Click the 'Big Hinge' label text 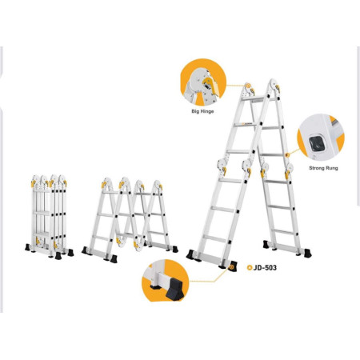[202, 111]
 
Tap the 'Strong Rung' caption [323, 168]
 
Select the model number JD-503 [265, 267]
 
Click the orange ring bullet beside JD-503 [250, 267]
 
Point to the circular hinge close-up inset [203, 82]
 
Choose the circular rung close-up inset [321, 138]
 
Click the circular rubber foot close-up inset [166, 281]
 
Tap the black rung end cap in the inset [317, 143]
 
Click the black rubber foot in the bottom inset [174, 290]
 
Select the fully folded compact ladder [50, 217]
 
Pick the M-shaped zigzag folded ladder [130, 219]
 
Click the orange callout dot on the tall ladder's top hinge [248, 86]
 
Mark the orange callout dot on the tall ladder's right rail [287, 155]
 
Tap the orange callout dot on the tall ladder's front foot [232, 266]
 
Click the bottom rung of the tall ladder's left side [214, 238]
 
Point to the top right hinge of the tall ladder [274, 86]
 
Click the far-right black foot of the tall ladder [307, 254]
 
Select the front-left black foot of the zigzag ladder [114, 259]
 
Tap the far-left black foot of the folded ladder [27, 247]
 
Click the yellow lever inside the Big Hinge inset [209, 82]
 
